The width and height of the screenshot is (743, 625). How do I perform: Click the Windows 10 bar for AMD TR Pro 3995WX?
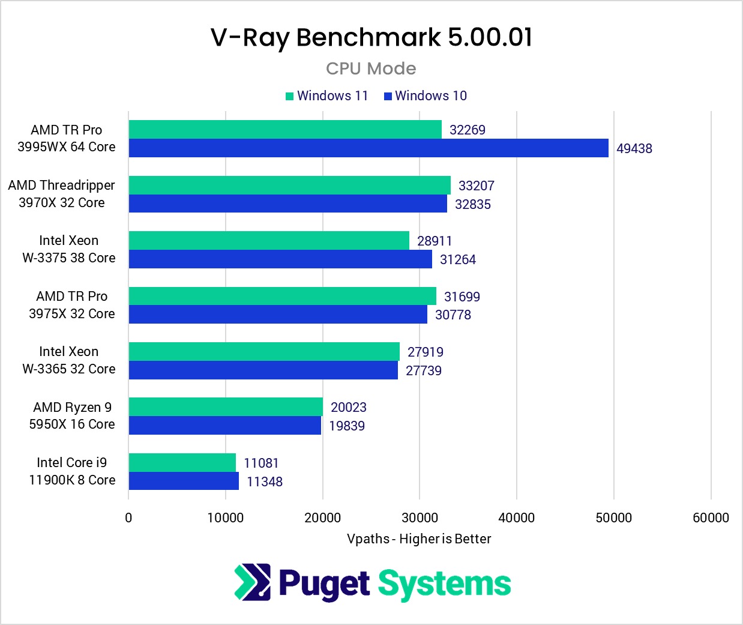point(368,148)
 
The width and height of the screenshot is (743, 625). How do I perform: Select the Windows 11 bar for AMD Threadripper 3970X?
point(289,185)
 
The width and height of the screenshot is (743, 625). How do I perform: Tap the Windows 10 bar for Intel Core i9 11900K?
point(184,481)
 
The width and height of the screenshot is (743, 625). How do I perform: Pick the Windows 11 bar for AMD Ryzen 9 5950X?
point(226,406)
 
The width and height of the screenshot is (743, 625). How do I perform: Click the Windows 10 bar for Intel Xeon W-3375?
point(280,259)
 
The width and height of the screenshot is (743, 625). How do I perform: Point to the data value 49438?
point(634,148)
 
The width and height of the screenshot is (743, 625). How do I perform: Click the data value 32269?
point(467,130)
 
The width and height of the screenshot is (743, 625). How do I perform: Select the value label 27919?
point(425,352)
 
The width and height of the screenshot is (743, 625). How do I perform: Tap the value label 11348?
point(264,482)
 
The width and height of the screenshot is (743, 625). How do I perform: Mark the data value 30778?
point(453,315)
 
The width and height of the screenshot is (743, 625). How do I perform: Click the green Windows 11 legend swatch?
point(289,96)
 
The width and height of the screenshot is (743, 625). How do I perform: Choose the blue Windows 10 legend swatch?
point(388,96)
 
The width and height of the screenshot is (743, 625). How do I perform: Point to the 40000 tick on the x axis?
point(517,518)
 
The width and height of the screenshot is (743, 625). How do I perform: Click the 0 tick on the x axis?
point(128,518)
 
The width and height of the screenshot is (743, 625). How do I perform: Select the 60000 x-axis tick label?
point(711,518)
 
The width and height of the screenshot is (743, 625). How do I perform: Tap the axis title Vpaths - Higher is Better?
point(419,539)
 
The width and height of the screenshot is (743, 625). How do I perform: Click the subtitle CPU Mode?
point(371,68)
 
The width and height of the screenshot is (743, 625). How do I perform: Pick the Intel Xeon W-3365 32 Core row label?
point(68,360)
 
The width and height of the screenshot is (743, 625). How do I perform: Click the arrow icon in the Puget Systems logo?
point(253,582)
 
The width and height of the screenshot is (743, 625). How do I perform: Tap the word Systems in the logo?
point(444,584)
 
